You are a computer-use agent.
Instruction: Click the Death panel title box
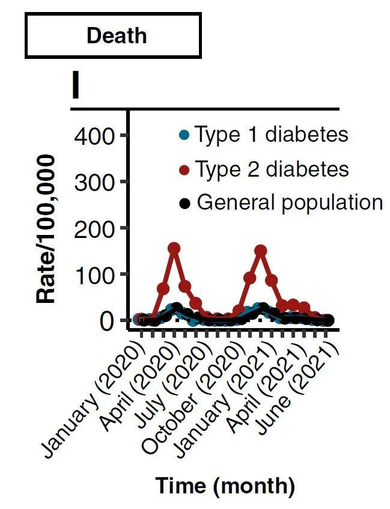point(112,35)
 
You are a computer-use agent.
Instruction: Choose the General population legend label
point(290,203)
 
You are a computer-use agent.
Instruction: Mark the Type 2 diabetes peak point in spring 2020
point(174,248)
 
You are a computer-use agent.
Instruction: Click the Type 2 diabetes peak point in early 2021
point(260,251)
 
